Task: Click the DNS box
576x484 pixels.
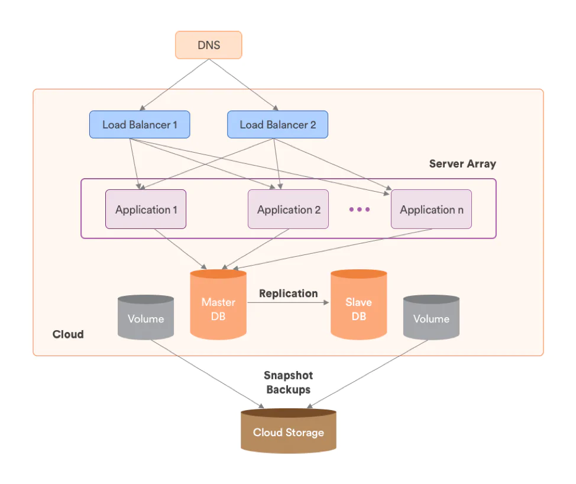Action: [208, 45]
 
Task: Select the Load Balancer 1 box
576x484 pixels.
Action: [140, 125]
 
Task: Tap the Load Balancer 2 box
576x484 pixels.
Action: [277, 125]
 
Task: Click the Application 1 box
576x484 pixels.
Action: [145, 209]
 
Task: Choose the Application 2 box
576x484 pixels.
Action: [288, 209]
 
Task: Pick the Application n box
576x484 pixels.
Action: [431, 209]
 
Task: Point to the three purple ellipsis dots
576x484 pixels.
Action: [359, 209]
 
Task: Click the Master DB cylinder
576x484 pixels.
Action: [218, 308]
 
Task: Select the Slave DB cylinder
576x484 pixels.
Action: [358, 308]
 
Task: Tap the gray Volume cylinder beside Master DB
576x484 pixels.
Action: [145, 319]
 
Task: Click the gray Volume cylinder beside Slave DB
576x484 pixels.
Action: [431, 319]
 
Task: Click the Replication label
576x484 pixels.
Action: [288, 293]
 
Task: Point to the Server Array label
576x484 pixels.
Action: [462, 164]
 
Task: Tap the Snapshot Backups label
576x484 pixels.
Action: [288, 382]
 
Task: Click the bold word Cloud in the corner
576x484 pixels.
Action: [68, 334]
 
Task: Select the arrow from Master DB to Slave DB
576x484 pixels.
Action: [288, 302]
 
